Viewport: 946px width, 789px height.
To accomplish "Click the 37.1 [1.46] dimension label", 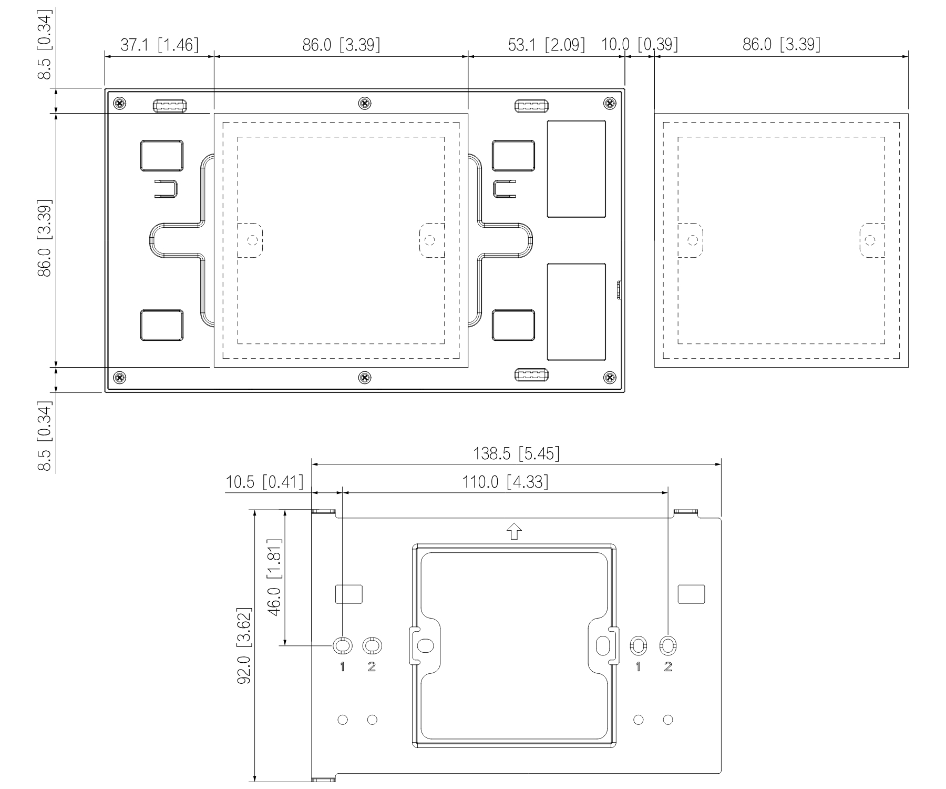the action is (x=160, y=45).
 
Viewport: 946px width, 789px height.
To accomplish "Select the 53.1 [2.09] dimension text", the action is (x=546, y=45).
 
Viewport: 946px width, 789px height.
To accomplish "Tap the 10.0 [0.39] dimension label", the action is (x=640, y=45).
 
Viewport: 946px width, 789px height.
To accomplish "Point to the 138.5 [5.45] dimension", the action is (x=516, y=454).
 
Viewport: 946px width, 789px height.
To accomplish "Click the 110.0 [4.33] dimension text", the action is (x=505, y=482).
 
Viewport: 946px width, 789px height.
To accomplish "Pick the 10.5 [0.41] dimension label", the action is (x=264, y=482).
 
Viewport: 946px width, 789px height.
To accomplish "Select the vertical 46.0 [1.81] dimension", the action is (x=275, y=577).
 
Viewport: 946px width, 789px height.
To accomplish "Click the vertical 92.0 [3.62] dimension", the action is (x=244, y=645).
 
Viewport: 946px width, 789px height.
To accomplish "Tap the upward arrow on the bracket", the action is (x=515, y=531).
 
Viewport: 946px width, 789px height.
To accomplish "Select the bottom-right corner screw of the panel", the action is (x=610, y=377).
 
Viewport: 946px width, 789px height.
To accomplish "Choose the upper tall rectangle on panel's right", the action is (x=577, y=169).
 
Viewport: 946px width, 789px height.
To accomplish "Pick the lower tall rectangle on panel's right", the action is (x=577, y=312).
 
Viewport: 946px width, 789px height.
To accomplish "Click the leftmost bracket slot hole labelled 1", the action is (x=342, y=645).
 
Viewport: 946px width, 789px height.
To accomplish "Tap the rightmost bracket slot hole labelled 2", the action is (x=668, y=645).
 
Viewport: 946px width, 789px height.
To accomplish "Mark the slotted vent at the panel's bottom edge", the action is (x=532, y=376).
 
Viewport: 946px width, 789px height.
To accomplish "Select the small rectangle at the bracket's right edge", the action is (x=692, y=594).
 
